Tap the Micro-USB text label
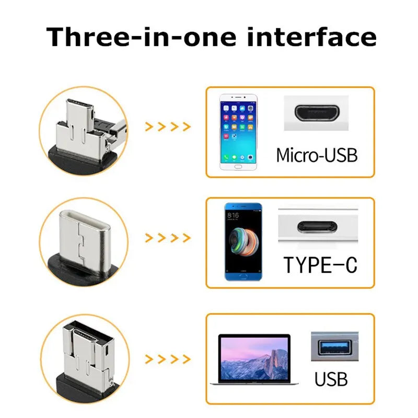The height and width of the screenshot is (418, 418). [317, 155]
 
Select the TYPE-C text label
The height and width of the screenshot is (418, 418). [320, 265]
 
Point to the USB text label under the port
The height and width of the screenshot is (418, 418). [331, 378]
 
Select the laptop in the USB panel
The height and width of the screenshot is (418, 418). [249, 361]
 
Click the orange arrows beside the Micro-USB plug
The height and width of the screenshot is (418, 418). [167, 126]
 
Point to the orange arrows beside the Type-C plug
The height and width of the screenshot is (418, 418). [167, 238]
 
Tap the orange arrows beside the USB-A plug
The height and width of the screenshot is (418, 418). [167, 360]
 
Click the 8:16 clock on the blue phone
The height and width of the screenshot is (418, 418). [234, 215]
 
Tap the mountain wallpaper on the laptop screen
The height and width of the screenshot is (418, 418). [254, 358]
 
